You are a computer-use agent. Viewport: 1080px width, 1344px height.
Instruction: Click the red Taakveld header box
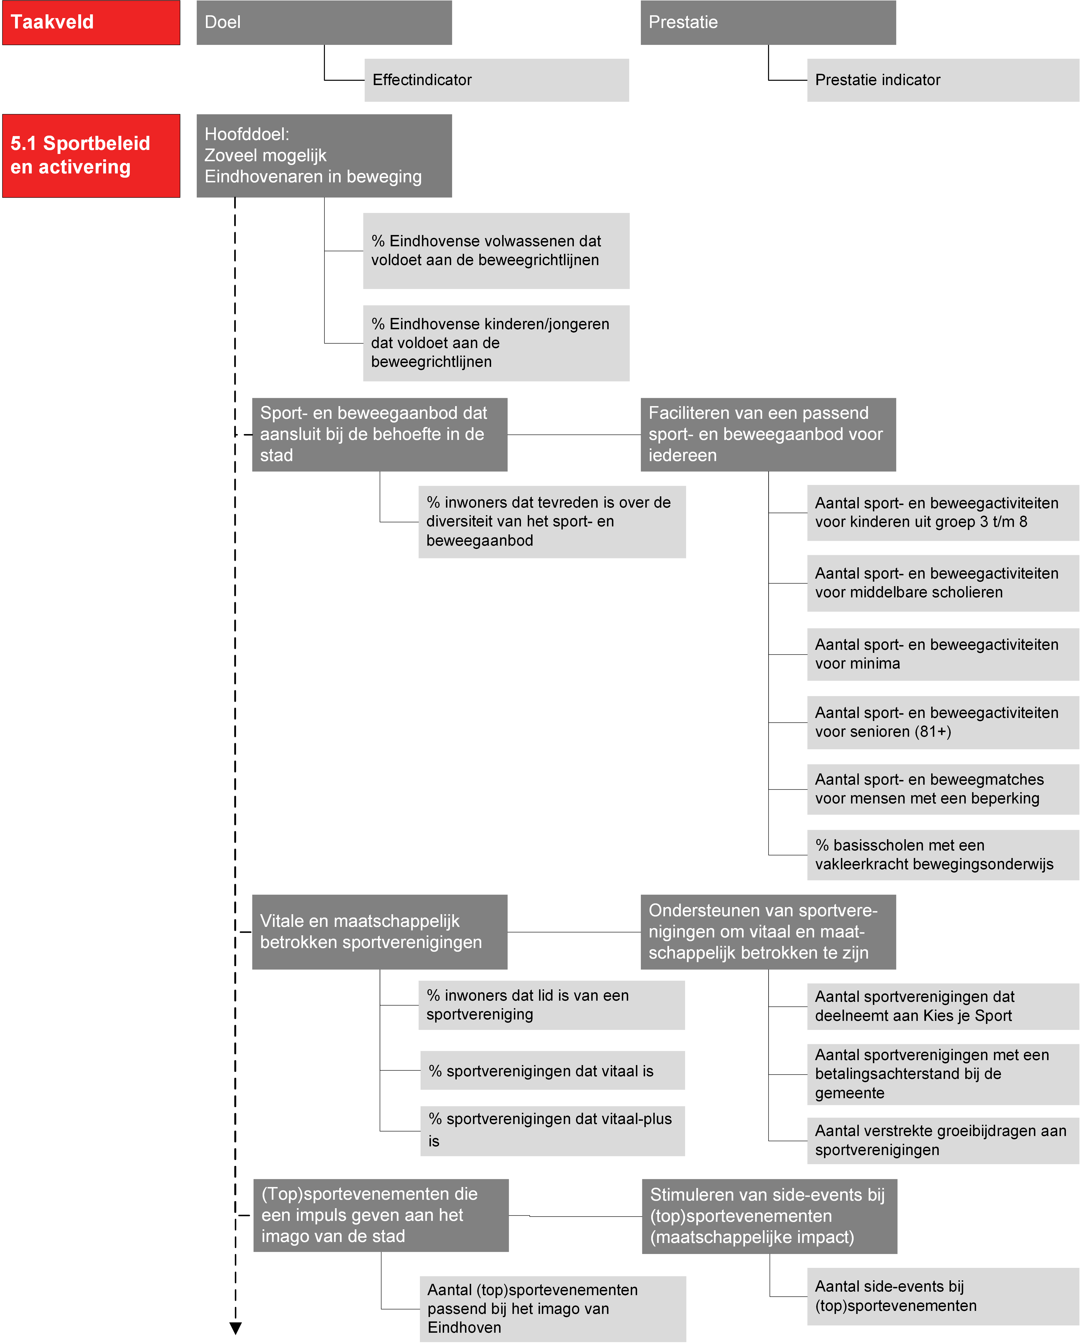click(x=91, y=22)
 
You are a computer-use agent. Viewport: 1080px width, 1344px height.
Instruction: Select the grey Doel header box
click(x=324, y=22)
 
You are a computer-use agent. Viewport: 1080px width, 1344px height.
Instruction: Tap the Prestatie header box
click(x=768, y=22)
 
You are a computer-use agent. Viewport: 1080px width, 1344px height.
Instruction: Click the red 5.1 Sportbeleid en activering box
click(x=91, y=156)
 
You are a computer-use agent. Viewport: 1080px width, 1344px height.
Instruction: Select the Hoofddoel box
click(x=324, y=156)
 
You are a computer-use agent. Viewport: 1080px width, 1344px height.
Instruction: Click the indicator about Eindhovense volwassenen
click(x=496, y=251)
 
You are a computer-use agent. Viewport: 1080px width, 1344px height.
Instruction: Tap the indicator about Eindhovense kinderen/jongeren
click(x=496, y=343)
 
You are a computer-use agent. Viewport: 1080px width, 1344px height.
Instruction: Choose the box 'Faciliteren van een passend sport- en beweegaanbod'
click(x=768, y=435)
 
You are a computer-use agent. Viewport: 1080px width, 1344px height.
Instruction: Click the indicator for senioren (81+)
click(x=943, y=722)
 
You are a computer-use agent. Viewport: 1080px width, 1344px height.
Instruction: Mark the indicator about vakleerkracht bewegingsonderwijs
click(x=943, y=855)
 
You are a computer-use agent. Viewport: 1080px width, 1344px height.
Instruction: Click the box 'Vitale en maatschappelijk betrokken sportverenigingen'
click(x=380, y=932)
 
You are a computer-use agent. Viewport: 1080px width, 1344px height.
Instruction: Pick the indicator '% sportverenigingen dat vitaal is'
click(x=552, y=1070)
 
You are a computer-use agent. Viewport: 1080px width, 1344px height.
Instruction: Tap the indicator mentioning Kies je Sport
click(x=943, y=1006)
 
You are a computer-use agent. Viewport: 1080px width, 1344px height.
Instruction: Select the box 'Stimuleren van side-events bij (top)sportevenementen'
click(x=769, y=1216)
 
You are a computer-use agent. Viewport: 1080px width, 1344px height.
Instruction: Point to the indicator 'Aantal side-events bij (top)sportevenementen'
click(x=943, y=1296)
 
